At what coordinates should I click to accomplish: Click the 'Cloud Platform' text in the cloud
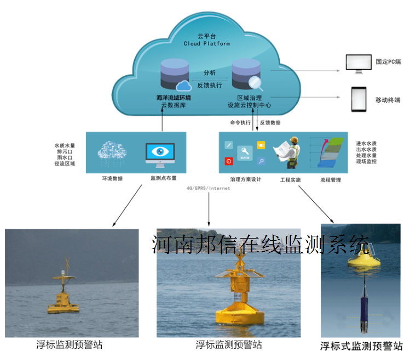point(206,43)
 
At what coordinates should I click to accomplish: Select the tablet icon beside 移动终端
point(358,100)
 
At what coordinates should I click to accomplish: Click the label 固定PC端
point(388,62)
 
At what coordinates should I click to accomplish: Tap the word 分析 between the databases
point(209,73)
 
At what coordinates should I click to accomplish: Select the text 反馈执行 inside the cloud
point(210,85)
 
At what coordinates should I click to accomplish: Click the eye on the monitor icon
point(160,152)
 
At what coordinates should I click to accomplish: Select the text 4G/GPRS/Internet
point(209,188)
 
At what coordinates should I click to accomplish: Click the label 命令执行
point(241,122)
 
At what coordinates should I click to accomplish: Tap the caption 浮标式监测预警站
point(361,346)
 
